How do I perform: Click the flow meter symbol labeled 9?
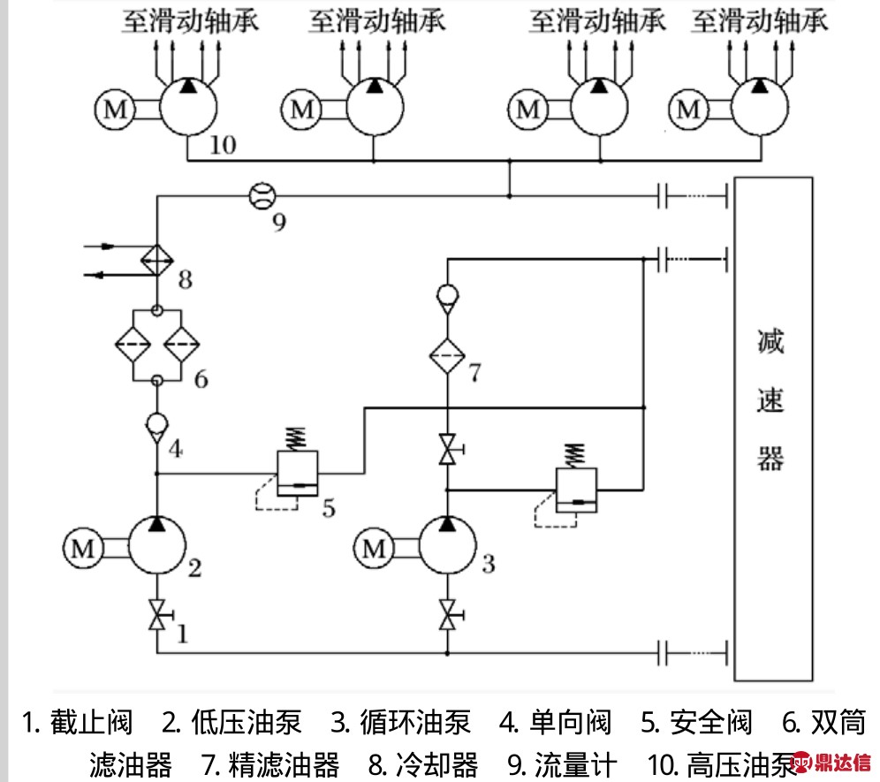[261, 195]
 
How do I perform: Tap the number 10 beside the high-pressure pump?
[223, 145]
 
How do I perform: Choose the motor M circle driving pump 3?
[375, 549]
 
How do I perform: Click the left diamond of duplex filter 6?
[133, 345]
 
